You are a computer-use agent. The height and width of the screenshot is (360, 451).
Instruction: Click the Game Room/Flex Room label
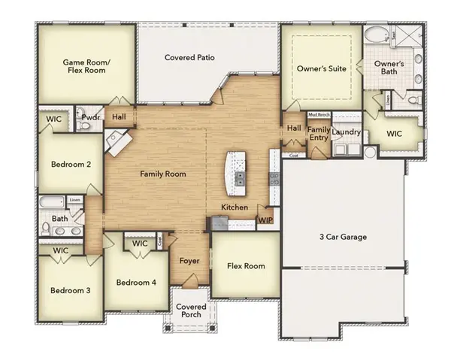click(84, 65)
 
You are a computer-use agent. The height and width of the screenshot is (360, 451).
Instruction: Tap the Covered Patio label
click(190, 57)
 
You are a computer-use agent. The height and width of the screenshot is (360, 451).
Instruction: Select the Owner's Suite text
click(322, 68)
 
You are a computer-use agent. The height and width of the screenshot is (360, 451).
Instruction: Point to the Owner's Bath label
click(389, 69)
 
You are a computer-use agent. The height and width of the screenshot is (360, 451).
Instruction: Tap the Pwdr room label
click(91, 117)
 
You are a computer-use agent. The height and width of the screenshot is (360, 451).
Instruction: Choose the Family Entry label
click(319, 134)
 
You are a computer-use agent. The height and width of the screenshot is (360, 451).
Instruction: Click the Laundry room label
click(347, 132)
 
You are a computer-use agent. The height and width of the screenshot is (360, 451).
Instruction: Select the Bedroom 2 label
click(71, 164)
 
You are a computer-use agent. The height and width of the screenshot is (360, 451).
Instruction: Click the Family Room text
click(163, 174)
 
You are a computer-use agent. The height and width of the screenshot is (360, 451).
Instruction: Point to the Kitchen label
click(234, 207)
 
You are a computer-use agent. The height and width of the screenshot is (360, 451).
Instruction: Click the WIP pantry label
click(265, 220)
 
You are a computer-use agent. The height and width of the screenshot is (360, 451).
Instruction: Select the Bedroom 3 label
click(71, 290)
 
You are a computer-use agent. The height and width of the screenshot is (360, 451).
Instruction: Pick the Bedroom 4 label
click(136, 283)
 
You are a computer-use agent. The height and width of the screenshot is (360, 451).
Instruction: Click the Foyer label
click(188, 262)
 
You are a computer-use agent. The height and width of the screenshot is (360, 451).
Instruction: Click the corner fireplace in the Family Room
click(116, 141)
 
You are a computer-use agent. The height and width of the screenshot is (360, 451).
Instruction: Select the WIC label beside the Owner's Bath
click(395, 133)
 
